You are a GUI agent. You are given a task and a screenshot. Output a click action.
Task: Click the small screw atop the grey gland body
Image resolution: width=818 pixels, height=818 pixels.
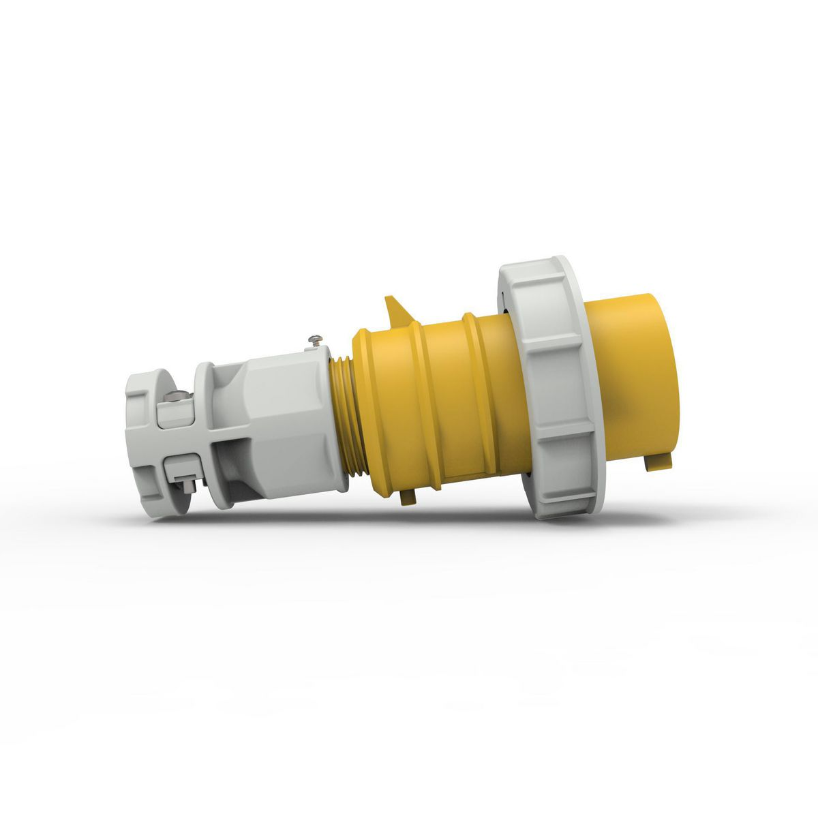pos(315,338)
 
